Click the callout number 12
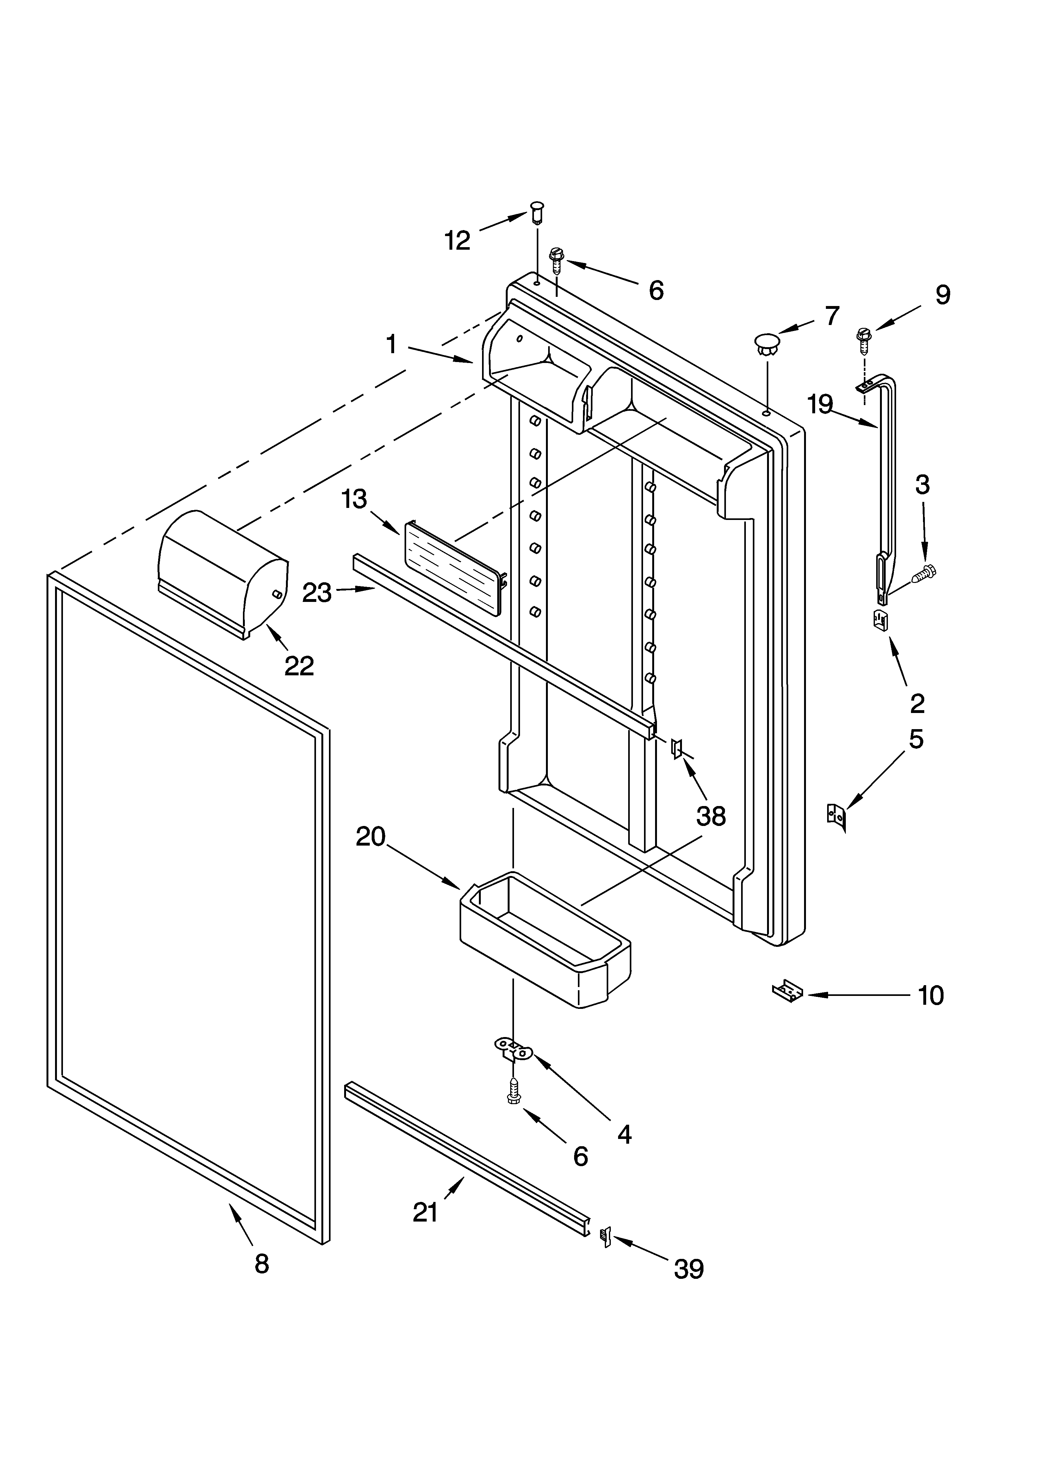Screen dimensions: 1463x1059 click(457, 241)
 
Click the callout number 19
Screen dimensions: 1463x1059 click(821, 404)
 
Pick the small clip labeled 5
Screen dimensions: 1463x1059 click(837, 817)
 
